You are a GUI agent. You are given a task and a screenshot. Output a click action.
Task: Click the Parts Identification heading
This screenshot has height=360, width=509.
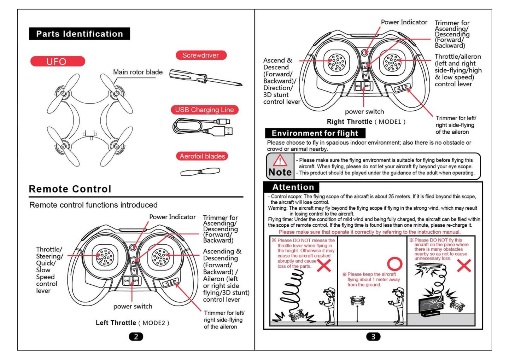coord(80,34)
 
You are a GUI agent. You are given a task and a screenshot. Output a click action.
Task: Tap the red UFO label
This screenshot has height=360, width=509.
coord(57,62)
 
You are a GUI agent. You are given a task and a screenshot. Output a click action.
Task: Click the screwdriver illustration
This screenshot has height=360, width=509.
coord(205,78)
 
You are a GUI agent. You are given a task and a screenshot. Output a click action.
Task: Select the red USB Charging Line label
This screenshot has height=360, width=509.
coord(204,110)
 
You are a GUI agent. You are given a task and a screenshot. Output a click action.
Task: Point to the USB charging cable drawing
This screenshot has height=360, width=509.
coord(203,126)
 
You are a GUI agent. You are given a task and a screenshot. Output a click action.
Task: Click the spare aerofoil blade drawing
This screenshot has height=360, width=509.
coord(200,172)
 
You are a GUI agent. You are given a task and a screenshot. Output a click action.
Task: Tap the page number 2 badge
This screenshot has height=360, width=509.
coord(136,336)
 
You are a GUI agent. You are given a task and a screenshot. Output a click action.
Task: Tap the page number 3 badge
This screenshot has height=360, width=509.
coord(373,336)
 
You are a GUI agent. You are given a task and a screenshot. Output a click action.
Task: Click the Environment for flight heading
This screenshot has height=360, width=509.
coord(315,133)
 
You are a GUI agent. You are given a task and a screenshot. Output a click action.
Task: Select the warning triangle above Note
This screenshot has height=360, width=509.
coord(280,161)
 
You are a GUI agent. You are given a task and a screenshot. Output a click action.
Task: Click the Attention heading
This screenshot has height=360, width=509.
coord(293,187)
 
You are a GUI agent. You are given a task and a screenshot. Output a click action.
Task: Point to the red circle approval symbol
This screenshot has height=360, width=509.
coord(395,264)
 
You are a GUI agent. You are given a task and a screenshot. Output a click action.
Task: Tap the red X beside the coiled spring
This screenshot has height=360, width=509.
coord(323,265)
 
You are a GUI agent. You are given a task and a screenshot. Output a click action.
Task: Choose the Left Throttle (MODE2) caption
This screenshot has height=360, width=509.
coord(132,323)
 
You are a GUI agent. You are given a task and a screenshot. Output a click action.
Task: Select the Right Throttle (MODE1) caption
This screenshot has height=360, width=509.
coord(366,122)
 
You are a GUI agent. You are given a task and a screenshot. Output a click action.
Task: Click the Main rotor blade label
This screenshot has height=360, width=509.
coord(138,72)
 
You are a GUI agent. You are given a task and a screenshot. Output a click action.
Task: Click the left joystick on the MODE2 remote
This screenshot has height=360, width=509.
coord(105,257)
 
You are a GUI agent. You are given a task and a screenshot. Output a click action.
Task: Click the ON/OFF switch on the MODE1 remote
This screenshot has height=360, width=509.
coord(363,86)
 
